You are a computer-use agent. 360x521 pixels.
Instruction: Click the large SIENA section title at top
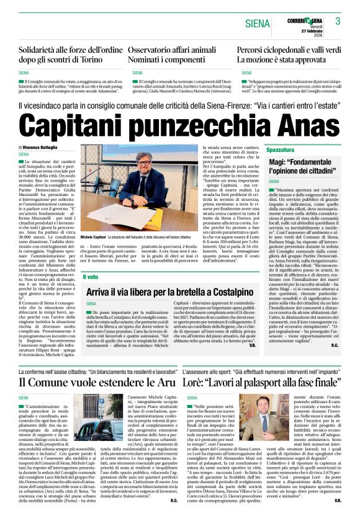257,24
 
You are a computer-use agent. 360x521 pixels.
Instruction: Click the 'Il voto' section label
91,277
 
